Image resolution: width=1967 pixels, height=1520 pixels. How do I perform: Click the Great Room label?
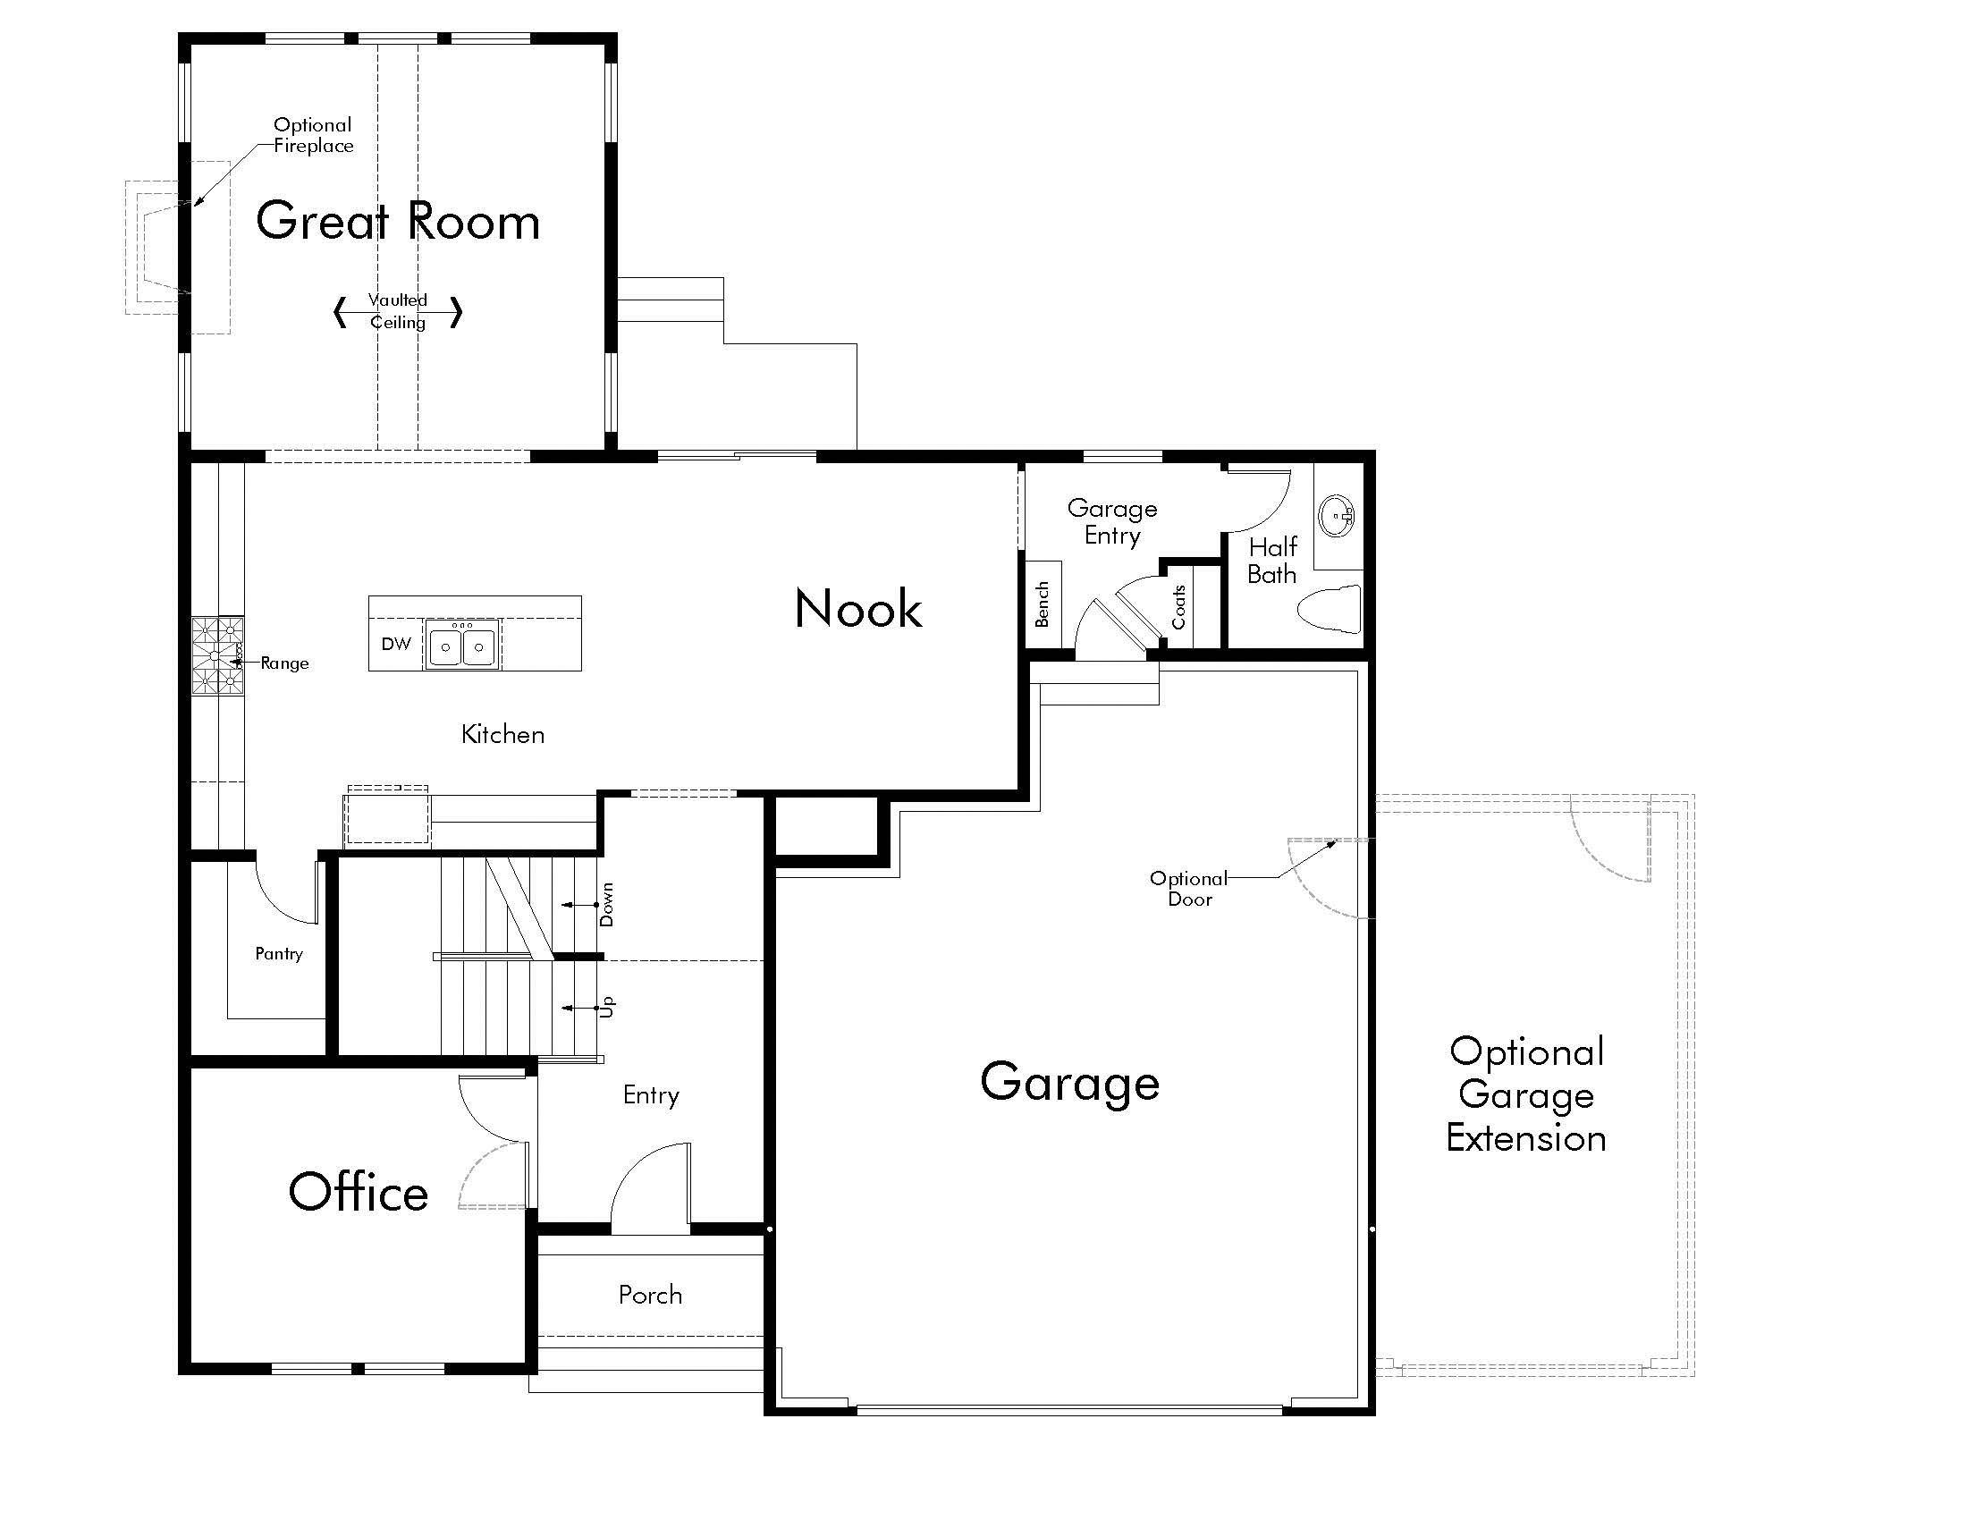[x=397, y=222]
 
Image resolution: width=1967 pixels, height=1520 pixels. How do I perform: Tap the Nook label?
[x=858, y=609]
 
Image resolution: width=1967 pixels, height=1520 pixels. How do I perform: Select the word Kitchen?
[x=502, y=735]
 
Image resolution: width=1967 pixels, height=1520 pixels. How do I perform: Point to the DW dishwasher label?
[x=396, y=644]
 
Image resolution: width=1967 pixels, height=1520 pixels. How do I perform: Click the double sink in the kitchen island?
[x=462, y=646]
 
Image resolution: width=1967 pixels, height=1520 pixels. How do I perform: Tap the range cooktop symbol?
[x=217, y=655]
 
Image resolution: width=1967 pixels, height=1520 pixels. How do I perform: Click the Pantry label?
[x=278, y=954]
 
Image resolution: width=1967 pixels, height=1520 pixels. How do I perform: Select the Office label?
[x=359, y=1192]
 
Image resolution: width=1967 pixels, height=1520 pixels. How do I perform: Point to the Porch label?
[x=650, y=1295]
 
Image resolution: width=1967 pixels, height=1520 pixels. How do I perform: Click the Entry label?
[x=651, y=1095]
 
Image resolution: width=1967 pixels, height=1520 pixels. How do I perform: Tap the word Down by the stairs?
[x=607, y=904]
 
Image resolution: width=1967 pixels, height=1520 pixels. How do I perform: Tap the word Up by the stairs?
[x=608, y=1007]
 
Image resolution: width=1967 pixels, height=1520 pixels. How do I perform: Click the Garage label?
[x=1070, y=1083]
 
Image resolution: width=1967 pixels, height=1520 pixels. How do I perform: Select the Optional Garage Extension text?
[x=1526, y=1095]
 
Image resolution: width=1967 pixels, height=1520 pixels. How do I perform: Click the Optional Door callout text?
[x=1189, y=889]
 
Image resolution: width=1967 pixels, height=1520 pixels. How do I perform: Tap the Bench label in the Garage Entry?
[x=1043, y=604]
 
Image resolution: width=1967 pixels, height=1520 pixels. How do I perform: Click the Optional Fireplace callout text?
[x=314, y=135]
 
